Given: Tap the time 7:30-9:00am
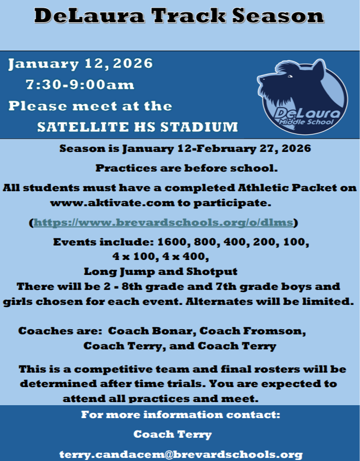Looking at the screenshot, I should tap(80, 85).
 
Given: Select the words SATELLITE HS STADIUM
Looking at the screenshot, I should tap(137, 127).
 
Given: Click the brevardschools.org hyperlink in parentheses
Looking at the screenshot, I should tap(163, 223).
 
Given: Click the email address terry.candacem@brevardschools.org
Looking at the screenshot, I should tap(181, 455).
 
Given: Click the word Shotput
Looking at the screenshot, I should tap(216, 271).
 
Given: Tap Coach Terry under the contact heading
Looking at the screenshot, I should tap(173, 435).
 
